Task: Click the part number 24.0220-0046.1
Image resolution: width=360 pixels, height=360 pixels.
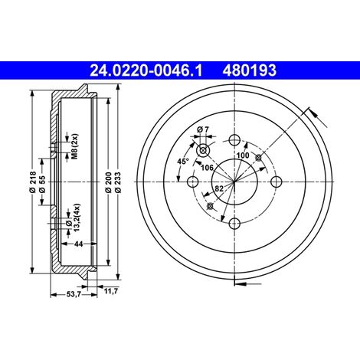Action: [146, 70]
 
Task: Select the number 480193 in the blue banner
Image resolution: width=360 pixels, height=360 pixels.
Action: [250, 70]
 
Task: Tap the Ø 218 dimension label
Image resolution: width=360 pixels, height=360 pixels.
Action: [33, 182]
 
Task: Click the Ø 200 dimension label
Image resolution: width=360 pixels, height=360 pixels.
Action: [108, 182]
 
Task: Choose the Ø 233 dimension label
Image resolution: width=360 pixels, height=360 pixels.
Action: [117, 182]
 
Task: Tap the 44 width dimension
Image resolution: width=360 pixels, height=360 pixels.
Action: [78, 244]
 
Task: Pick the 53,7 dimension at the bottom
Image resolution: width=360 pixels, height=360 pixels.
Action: [74, 294]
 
